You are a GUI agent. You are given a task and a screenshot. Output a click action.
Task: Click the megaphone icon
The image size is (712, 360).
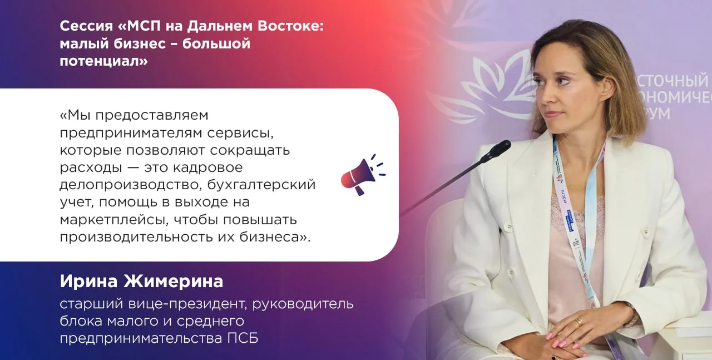pyautogui.click(x=362, y=175)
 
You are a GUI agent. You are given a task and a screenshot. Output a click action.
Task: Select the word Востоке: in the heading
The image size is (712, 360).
pyautogui.click(x=290, y=26)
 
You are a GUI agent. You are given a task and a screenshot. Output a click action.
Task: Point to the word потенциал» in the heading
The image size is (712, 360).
pyautogui.click(x=103, y=61)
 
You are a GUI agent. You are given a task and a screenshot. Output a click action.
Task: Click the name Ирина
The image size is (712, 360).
pyautogui.click(x=88, y=281)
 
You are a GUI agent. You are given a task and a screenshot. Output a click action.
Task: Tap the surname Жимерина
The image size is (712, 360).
pyautogui.click(x=174, y=281)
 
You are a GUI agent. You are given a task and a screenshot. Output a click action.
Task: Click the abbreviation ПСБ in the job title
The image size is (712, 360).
pyautogui.click(x=243, y=338)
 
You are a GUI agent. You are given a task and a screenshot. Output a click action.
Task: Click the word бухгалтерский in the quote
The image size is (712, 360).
pyautogui.click(x=261, y=185)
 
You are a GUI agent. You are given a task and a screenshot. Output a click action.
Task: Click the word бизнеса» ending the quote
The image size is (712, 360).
pyautogui.click(x=275, y=237)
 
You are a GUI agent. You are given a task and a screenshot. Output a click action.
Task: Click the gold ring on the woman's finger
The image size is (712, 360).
pyautogui.click(x=580, y=322)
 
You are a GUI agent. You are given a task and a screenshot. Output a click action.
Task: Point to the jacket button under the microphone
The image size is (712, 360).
pyautogui.click(x=509, y=226)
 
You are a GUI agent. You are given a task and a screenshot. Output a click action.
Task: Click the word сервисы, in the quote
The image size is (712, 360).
pyautogui.click(x=240, y=133)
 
